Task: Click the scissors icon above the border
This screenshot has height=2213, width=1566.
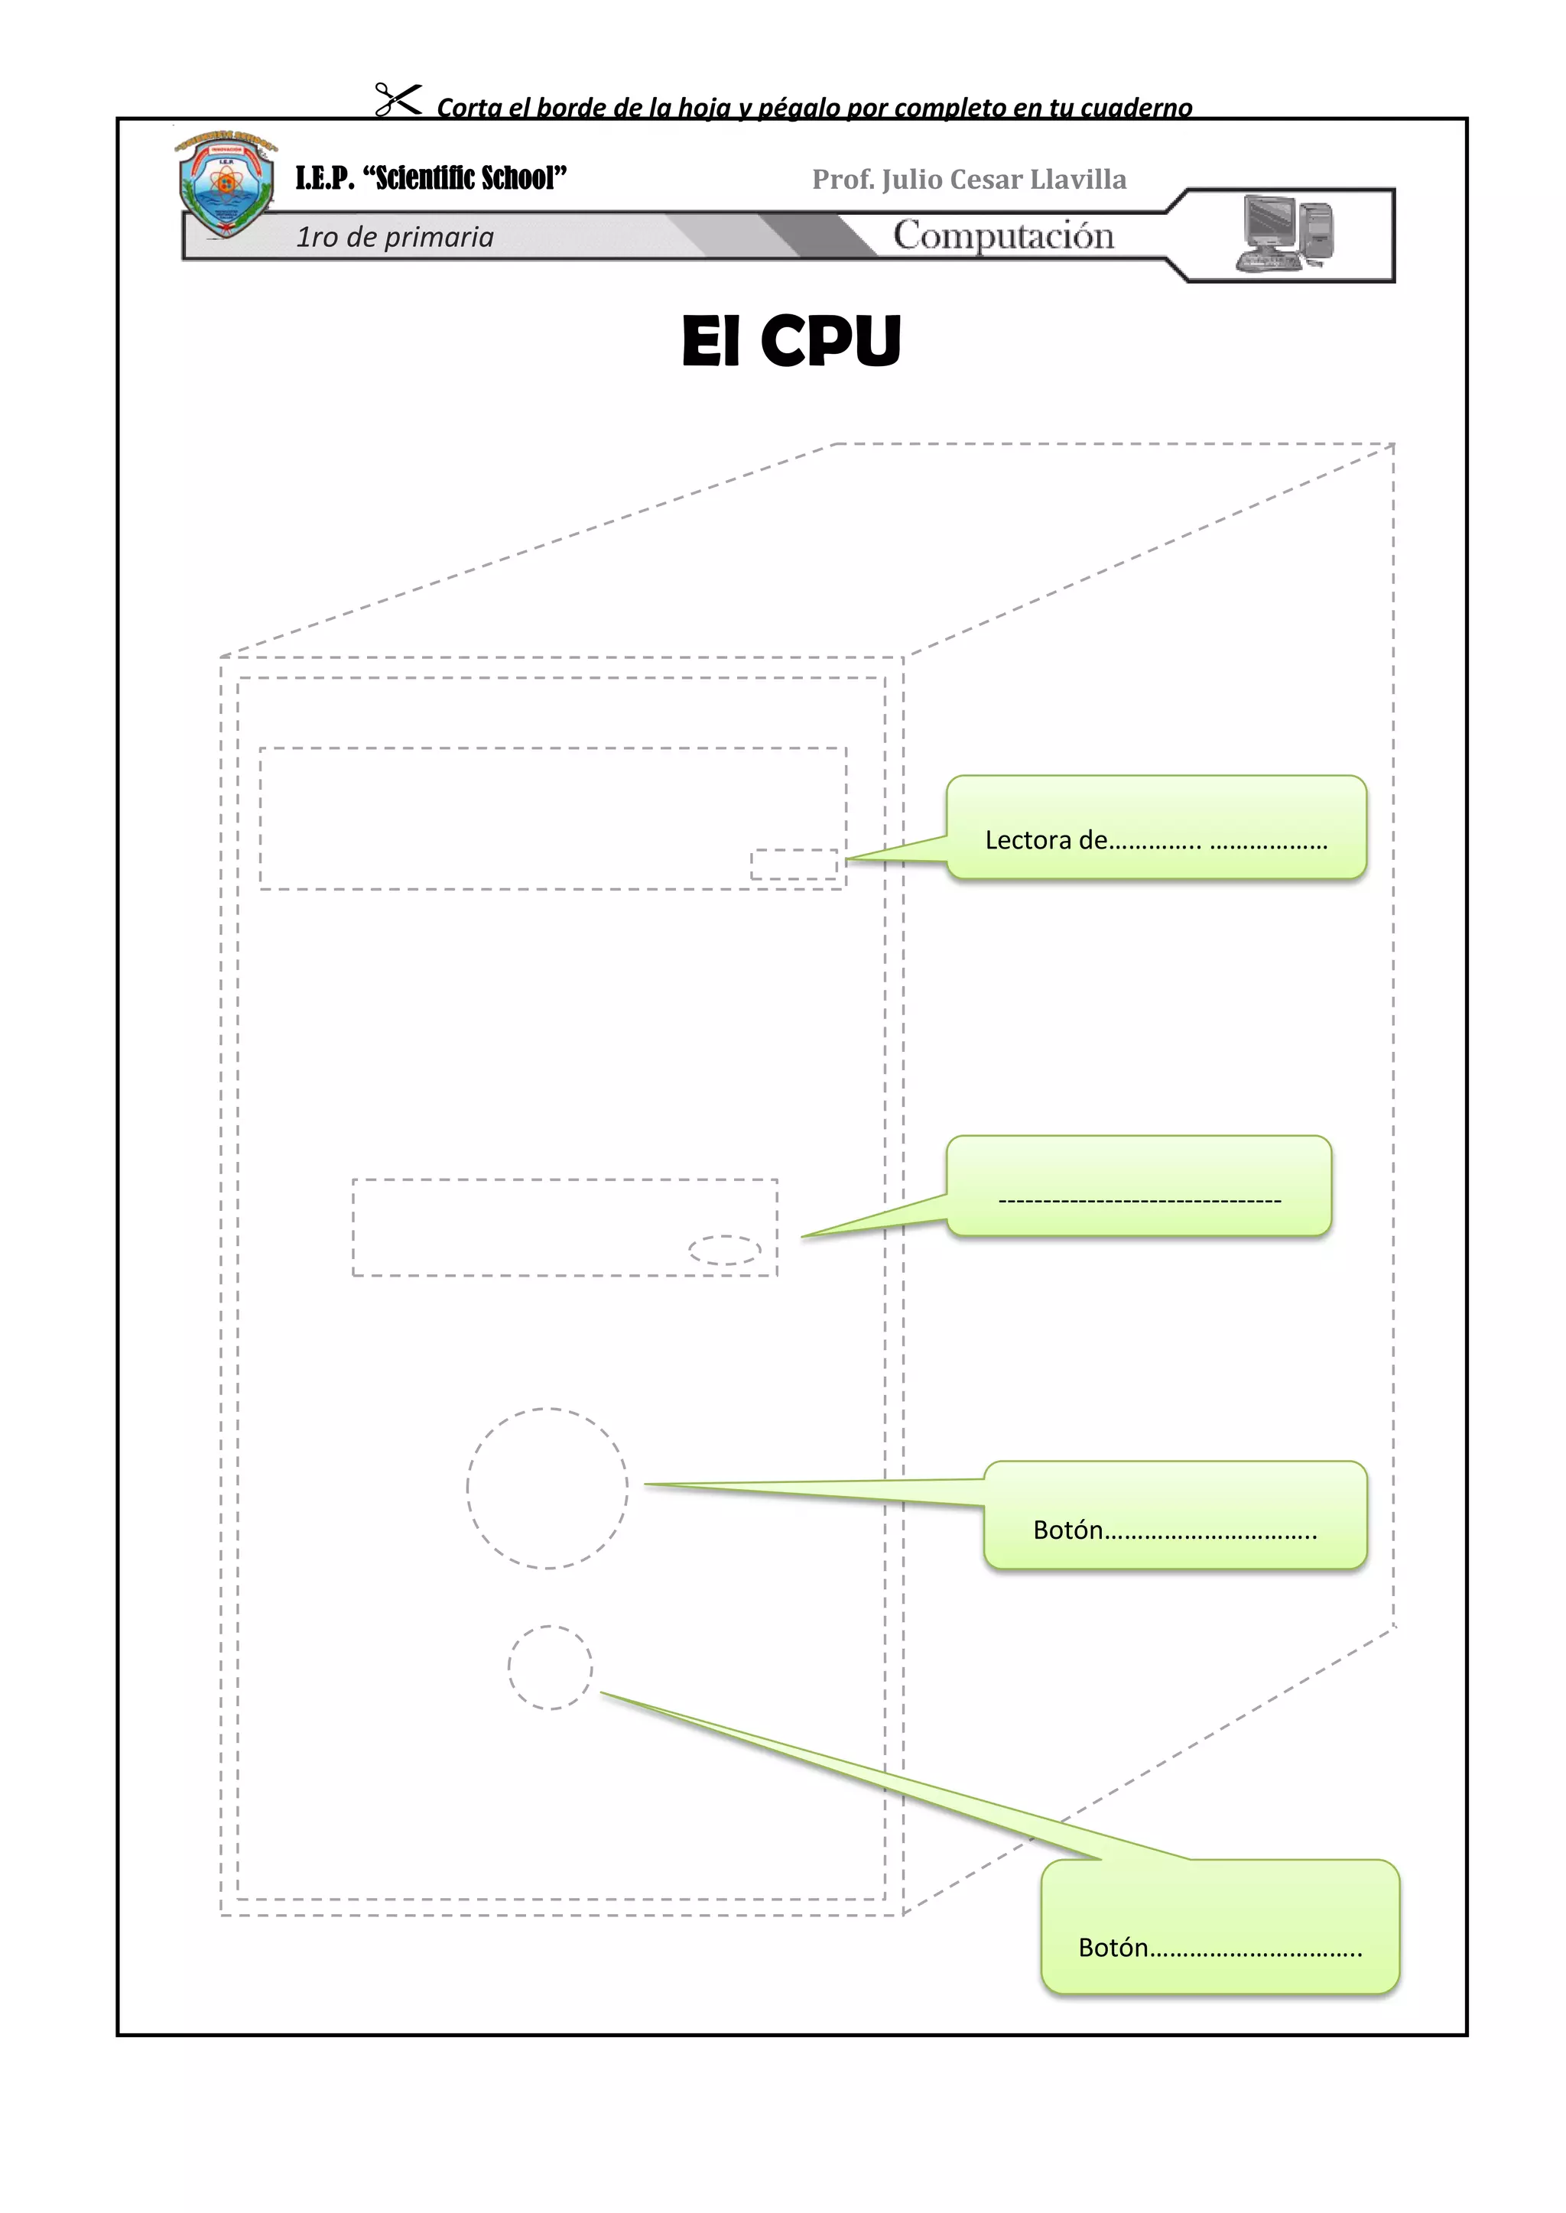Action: (398, 99)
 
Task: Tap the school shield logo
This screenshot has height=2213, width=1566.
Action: (226, 185)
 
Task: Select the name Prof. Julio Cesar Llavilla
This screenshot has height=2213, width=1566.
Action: (969, 180)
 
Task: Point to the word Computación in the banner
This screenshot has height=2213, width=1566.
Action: (1003, 236)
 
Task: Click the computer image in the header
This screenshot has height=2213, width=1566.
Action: (1286, 233)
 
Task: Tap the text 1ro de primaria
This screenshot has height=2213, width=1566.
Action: (395, 237)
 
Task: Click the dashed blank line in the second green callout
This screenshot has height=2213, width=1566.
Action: (1140, 1201)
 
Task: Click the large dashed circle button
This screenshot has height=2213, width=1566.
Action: (547, 1488)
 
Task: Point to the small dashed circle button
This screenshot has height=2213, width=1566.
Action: (550, 1667)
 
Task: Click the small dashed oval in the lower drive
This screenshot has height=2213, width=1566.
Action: (724, 1250)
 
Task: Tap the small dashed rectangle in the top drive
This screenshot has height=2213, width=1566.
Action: (794, 865)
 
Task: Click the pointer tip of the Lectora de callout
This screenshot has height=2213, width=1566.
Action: (850, 858)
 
